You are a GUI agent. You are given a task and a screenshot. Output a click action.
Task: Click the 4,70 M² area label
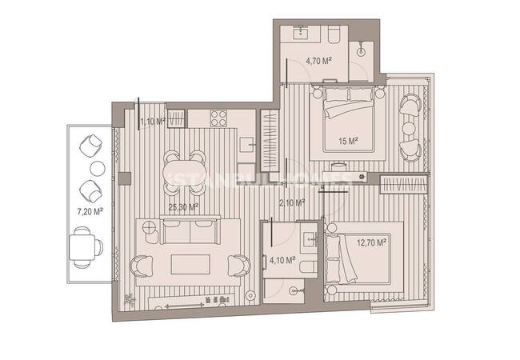pyautogui.click(x=321, y=60)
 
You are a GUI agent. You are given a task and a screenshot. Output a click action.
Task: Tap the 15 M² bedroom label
pyautogui.click(x=348, y=141)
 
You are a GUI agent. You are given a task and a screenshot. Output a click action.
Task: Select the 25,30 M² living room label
pyautogui.click(x=183, y=206)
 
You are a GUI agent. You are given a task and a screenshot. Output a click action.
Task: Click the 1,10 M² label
pyautogui.click(x=152, y=121)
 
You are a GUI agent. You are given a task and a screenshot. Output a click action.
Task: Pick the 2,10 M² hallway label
pyautogui.click(x=291, y=203)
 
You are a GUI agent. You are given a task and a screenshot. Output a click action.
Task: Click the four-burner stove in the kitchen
pyautogui.click(x=219, y=118)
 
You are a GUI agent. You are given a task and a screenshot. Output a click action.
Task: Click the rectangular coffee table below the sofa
pyautogui.click(x=192, y=263)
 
